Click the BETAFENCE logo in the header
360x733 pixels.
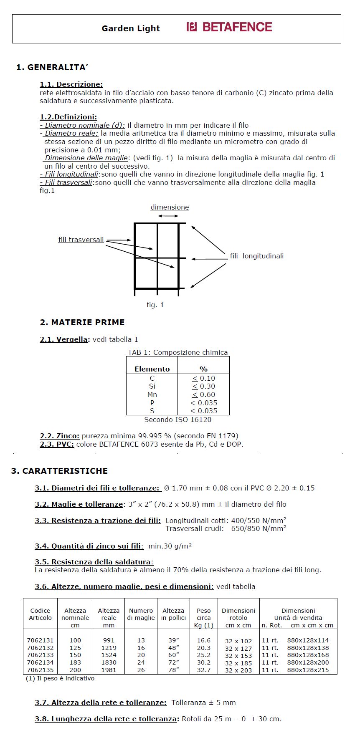pyautogui.click(x=229, y=27)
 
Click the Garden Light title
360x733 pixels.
pyautogui.click(x=131, y=28)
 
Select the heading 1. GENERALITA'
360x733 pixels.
pyautogui.click(x=52, y=67)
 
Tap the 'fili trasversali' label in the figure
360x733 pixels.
pyautogui.click(x=81, y=240)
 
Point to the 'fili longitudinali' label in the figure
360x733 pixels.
pyautogui.click(x=257, y=256)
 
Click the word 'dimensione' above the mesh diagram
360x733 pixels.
pyautogui.click(x=170, y=207)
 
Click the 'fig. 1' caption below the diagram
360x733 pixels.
pyautogui.click(x=155, y=305)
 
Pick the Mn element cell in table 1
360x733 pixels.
pyautogui.click(x=152, y=394)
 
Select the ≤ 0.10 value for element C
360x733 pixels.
pyautogui.click(x=203, y=378)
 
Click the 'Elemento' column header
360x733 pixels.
pyautogui.click(x=152, y=369)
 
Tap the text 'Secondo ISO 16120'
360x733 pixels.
pyautogui.click(x=178, y=420)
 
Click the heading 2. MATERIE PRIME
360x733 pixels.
pyautogui.click(x=82, y=322)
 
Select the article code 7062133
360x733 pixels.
pyautogui.click(x=40, y=655)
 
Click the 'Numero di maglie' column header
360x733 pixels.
pyautogui.click(x=141, y=614)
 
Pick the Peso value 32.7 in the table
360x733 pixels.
pyautogui.click(x=204, y=670)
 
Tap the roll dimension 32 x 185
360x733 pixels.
pyautogui.click(x=238, y=663)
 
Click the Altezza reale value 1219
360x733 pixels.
pyautogui.click(x=109, y=648)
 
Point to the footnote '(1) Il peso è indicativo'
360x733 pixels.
pyautogui.click(x=60, y=678)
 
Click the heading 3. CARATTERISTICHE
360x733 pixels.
pyautogui.click(x=59, y=471)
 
